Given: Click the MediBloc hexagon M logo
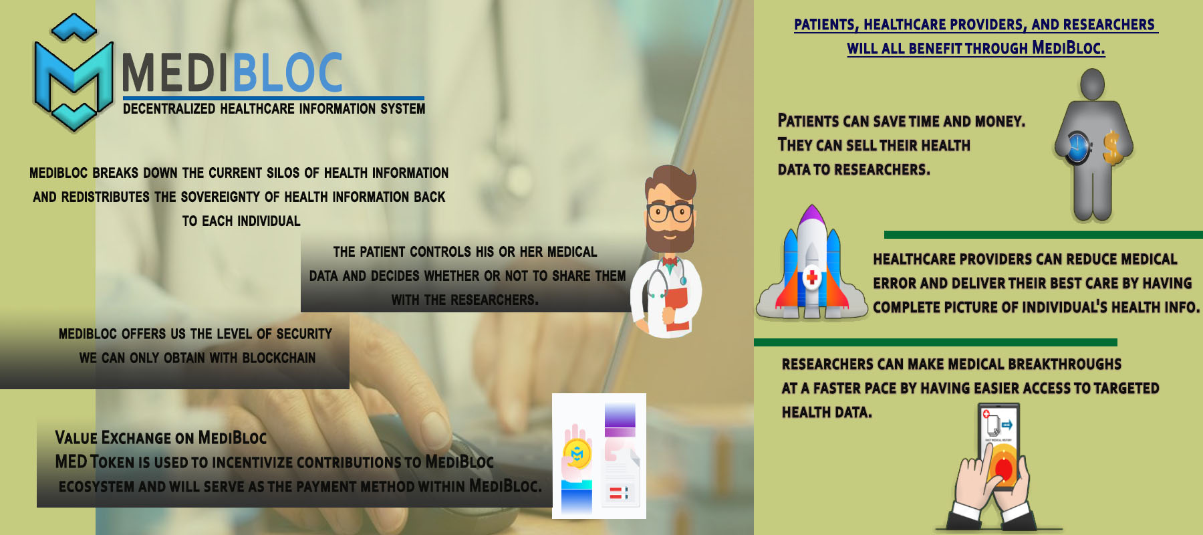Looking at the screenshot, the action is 74,72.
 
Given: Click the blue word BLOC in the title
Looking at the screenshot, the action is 287,73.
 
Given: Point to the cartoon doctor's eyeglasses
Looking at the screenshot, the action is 670,213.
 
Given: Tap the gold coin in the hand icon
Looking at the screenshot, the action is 577,454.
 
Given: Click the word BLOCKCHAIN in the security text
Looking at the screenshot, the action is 279,358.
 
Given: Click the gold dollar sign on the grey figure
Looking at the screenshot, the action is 1111,148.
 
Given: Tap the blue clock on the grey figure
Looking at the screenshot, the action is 1077,147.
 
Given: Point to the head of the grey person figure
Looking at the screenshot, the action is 1092,84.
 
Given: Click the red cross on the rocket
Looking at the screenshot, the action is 812,276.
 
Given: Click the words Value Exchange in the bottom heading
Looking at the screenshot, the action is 113,437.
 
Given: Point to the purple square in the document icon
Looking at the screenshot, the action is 620,420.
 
